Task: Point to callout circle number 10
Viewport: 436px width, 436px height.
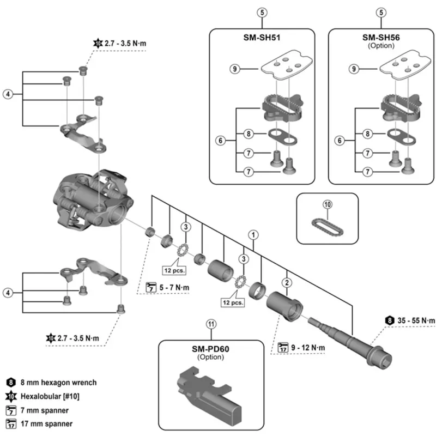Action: coord(327,204)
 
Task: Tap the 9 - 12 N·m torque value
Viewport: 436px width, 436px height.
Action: coord(309,347)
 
